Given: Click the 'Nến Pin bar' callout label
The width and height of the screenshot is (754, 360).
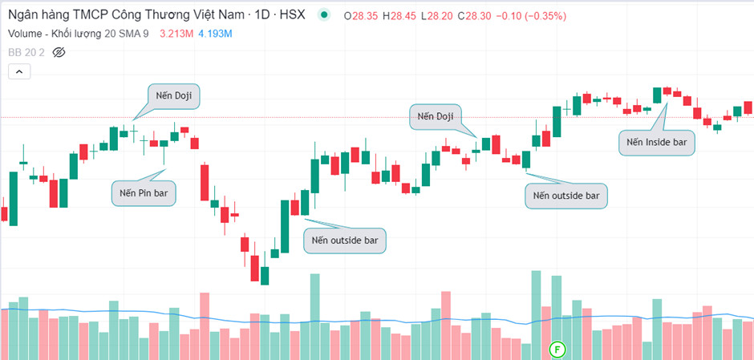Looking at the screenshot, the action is point(144,194).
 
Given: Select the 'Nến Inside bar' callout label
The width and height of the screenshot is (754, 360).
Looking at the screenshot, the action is point(657,143).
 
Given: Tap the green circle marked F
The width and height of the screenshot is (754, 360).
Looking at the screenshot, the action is point(557,349).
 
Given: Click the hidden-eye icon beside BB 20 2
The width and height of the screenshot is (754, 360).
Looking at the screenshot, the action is point(59,52).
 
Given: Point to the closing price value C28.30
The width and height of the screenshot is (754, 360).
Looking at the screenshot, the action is point(474,16).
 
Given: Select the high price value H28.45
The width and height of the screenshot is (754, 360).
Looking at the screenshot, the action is point(399,16).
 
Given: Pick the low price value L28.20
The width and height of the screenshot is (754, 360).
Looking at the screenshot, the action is point(436,16).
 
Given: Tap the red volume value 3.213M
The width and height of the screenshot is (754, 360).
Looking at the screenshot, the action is point(177,34).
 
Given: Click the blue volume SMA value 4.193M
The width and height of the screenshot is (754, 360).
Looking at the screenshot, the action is point(216,34).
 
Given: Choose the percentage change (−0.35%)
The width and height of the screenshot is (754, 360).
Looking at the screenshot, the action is point(545,16).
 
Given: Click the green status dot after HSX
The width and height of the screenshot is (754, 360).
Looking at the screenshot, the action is point(325,15).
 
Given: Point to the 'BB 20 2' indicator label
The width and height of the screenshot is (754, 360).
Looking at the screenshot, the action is point(26,52).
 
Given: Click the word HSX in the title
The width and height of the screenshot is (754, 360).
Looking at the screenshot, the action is point(294,15).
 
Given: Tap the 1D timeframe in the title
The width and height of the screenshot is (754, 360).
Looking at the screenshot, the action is point(261,15).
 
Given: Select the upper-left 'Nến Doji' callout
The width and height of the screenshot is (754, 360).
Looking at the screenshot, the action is point(173,96).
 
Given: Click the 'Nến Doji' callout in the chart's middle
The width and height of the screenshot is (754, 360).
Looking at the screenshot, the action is point(436,116).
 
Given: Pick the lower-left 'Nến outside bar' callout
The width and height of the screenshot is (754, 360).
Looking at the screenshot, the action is point(345,241).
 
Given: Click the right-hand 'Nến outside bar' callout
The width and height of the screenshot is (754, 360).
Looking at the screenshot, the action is point(566,196).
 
